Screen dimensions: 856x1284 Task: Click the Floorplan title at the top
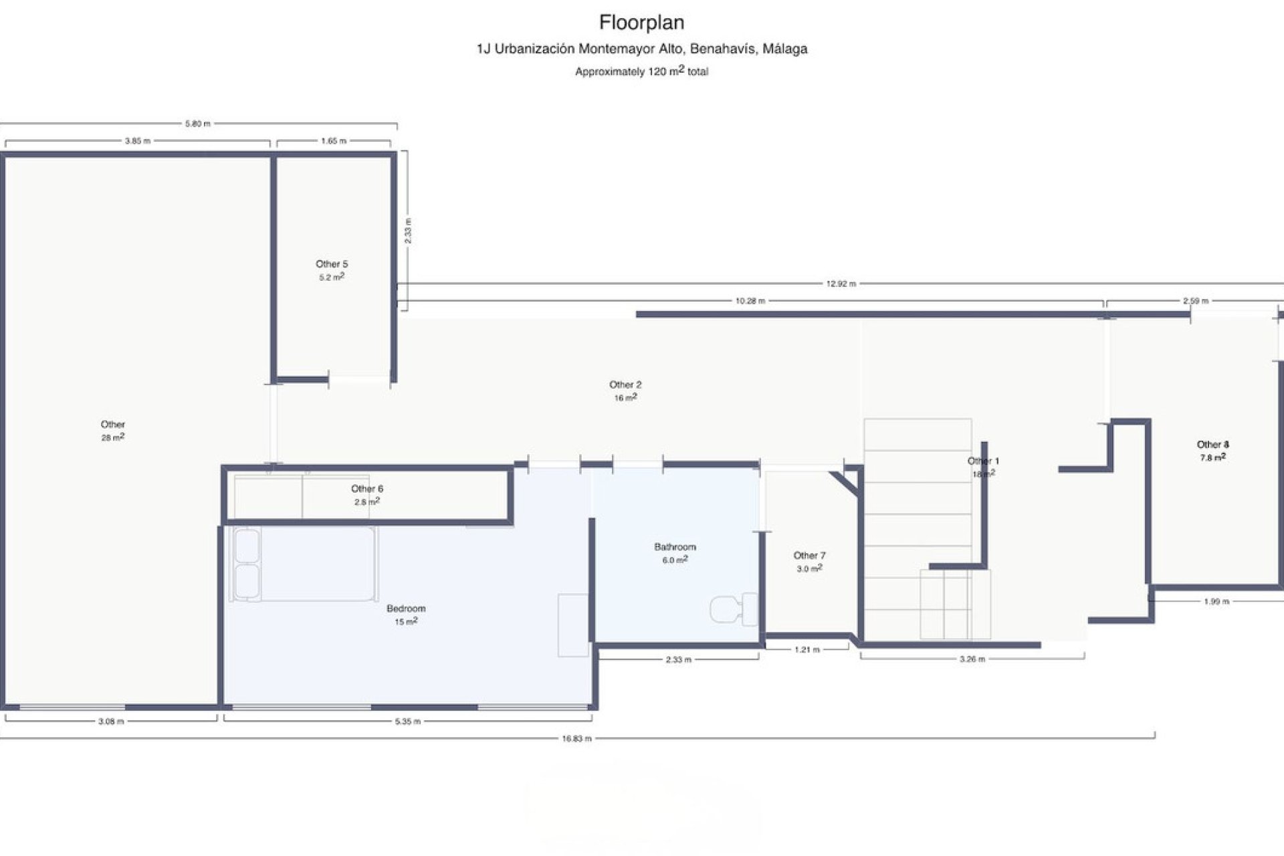point(641,23)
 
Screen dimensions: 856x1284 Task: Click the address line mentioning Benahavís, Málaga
point(641,49)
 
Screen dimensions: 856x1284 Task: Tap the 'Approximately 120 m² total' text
point(641,71)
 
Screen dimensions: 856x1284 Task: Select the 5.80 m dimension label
point(197,124)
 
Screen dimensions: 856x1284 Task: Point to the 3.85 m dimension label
point(138,141)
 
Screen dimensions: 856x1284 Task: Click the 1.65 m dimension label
point(334,141)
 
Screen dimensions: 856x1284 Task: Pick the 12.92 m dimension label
point(841,284)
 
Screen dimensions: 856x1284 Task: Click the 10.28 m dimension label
point(750,301)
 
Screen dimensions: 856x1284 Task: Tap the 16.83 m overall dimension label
point(577,739)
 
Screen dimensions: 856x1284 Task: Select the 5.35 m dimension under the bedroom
point(407,722)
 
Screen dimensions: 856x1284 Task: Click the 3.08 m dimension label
point(111,722)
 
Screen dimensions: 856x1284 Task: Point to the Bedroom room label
point(406,609)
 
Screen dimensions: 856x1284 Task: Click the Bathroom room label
point(675,547)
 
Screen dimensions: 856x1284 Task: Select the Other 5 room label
point(332,264)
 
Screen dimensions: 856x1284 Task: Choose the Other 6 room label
point(367,489)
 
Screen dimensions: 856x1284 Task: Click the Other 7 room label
point(809,556)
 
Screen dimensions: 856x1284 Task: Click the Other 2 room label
point(625,385)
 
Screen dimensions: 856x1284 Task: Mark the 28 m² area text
point(113,437)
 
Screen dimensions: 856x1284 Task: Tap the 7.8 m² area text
point(1212,458)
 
